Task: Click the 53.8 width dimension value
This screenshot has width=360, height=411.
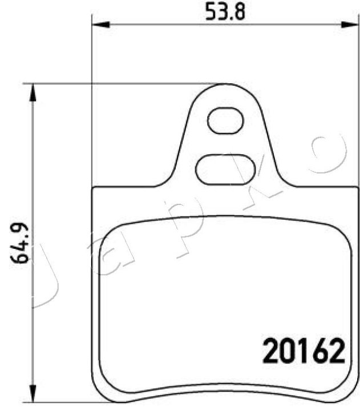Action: click(x=225, y=13)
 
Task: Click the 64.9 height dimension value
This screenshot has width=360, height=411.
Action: click(x=19, y=243)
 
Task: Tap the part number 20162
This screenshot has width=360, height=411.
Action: click(x=304, y=350)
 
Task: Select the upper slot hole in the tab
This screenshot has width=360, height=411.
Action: click(x=225, y=120)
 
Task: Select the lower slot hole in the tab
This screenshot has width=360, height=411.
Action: click(x=225, y=170)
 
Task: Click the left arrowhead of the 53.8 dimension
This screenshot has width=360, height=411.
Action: click(x=101, y=25)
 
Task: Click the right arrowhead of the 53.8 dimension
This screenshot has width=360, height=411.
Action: click(x=350, y=25)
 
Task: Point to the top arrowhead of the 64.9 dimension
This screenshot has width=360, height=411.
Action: click(x=32, y=92)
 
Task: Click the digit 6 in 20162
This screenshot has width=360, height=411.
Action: click(x=319, y=350)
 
